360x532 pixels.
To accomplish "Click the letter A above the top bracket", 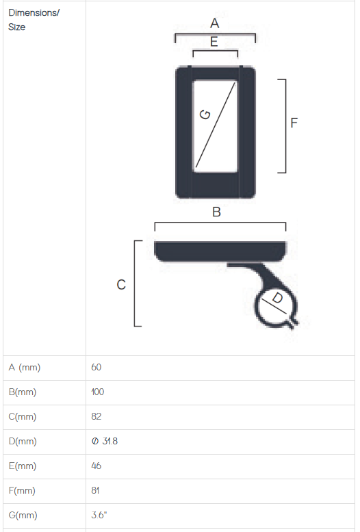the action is click(214, 23).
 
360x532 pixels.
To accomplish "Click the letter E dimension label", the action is click(214, 42).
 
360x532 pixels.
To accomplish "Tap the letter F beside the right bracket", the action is click(294, 123).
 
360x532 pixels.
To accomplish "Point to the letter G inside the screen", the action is click(205, 114).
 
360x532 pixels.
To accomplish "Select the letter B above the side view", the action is click(216, 212).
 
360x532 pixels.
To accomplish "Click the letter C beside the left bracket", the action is click(121, 284).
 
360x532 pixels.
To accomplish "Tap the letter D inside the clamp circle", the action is click(277, 298).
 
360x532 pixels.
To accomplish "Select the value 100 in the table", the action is click(98, 392).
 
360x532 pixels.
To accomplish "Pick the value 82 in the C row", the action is click(96, 417).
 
